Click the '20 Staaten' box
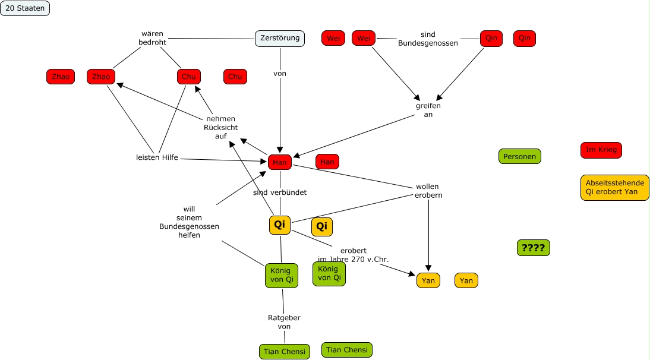pyautogui.click(x=25, y=8)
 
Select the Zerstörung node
pyautogui.click(x=280, y=39)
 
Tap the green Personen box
pyautogui.click(x=520, y=157)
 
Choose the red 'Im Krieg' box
pyautogui.click(x=601, y=150)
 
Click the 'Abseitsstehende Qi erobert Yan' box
pyautogui.click(x=615, y=188)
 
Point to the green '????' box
pyautogui.click(x=534, y=248)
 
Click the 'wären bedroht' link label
pyautogui.click(x=153, y=38)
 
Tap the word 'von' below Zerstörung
pyautogui.click(x=280, y=74)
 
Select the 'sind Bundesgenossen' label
pyautogui.click(x=428, y=39)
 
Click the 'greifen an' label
pyautogui.click(x=428, y=110)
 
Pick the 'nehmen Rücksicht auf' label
pyautogui.click(x=220, y=127)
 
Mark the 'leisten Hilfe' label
pyautogui.click(x=157, y=157)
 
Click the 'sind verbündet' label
pyautogui.click(x=280, y=192)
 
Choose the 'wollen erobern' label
pyautogui.click(x=428, y=191)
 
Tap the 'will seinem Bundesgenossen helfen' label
pyautogui.click(x=189, y=222)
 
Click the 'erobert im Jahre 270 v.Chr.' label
pyautogui.click(x=354, y=255)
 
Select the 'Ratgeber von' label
pyautogui.click(x=284, y=322)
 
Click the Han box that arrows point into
pyautogui.click(x=279, y=162)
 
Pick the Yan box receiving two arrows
pyautogui.click(x=428, y=280)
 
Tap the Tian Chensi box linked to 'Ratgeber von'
pyautogui.click(x=285, y=352)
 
